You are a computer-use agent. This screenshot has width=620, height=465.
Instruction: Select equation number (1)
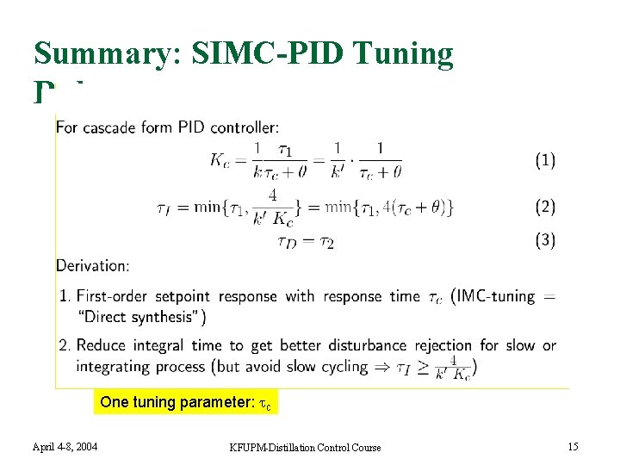tap(545, 160)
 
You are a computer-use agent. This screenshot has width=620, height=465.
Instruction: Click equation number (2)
tap(545, 207)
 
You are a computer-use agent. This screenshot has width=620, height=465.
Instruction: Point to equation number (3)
tap(545, 240)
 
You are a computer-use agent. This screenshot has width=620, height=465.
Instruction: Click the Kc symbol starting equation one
tap(220, 160)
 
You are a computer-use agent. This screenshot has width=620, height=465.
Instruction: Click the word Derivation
tap(93, 265)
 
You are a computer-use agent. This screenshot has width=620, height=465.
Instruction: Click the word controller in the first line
tap(245, 128)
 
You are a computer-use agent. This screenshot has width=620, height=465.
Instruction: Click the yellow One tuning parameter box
tap(186, 402)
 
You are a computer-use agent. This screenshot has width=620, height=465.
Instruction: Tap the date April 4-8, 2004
tap(65, 446)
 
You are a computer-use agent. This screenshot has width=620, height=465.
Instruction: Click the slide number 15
tap(572, 445)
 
